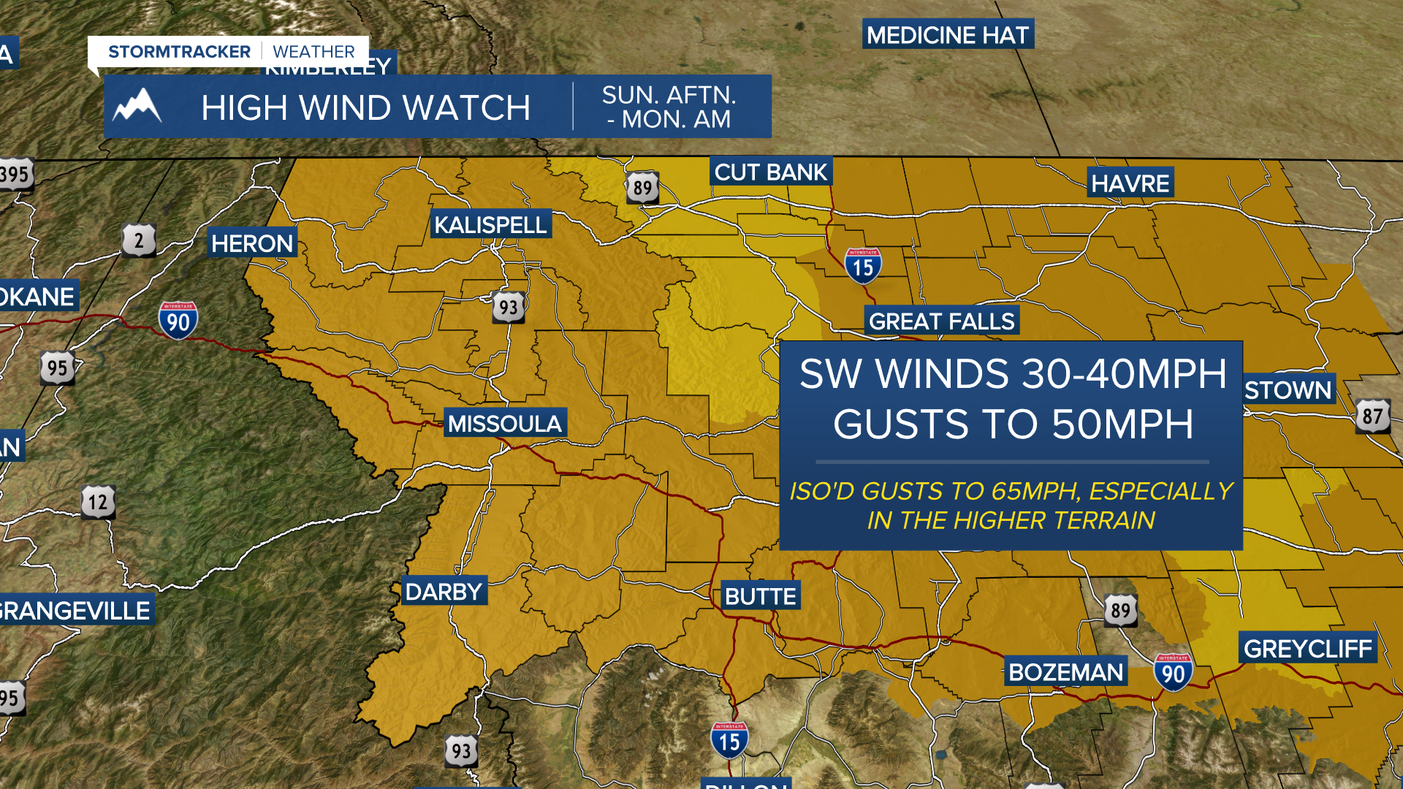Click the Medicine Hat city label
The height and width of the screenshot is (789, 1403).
click(948, 34)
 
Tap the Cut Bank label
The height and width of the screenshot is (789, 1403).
click(771, 172)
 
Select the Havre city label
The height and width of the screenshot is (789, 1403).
click(1130, 183)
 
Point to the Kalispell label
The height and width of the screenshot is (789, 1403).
click(490, 225)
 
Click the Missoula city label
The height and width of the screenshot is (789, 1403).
click(505, 424)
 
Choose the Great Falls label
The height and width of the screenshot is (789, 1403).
click(942, 321)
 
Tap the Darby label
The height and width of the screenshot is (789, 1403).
click(444, 592)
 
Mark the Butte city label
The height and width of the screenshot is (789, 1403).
click(761, 596)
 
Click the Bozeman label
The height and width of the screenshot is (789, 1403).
click(1065, 672)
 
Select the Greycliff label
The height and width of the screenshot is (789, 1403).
click(1308, 649)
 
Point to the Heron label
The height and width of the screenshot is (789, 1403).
click(252, 243)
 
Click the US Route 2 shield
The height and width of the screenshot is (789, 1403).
click(139, 240)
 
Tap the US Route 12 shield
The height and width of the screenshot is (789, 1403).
click(98, 502)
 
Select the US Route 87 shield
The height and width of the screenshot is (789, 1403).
click(1372, 416)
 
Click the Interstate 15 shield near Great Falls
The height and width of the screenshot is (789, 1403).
click(863, 267)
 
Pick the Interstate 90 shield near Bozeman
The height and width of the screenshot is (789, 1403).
click(1173, 673)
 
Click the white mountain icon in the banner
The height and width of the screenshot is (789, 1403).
click(137, 107)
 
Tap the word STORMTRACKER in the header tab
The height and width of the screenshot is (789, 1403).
click(179, 52)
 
